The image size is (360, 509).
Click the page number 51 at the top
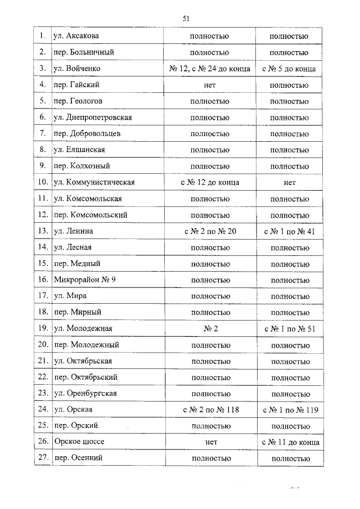(186, 19)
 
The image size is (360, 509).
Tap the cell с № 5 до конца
(289, 69)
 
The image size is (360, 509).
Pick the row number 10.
(42, 183)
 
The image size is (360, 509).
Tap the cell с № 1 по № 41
(289, 231)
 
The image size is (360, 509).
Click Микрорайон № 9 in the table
(85, 280)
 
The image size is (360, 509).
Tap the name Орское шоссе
(79, 443)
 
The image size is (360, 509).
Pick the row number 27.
(42, 458)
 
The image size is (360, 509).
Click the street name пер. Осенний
(79, 458)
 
